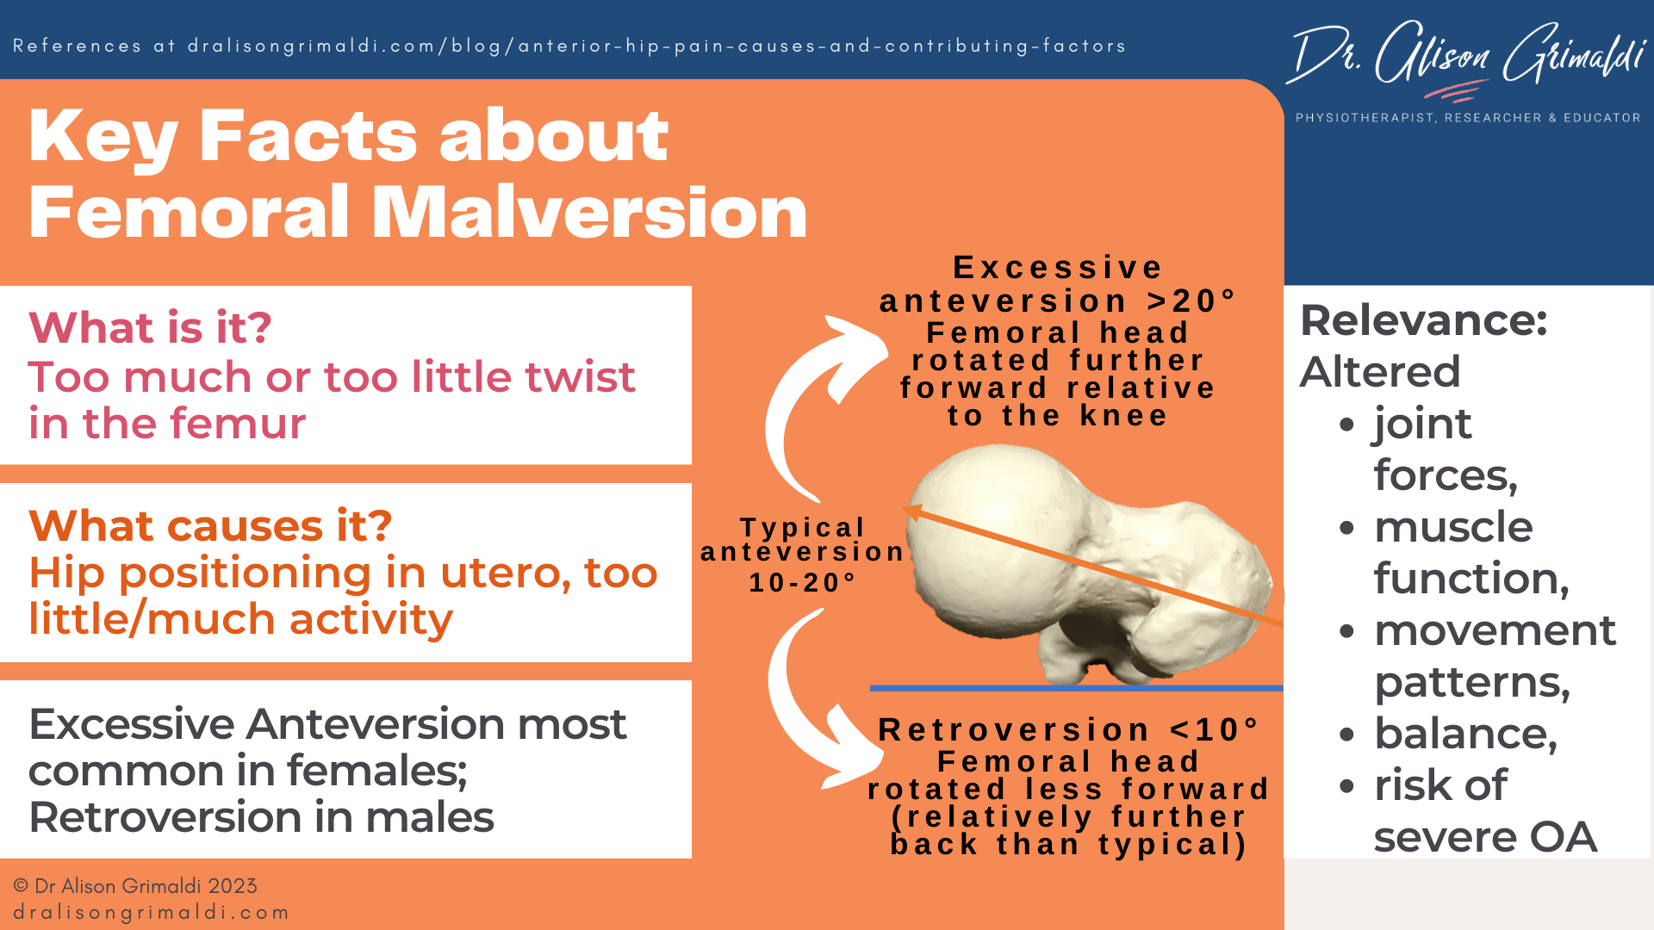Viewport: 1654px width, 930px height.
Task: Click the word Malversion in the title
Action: (589, 213)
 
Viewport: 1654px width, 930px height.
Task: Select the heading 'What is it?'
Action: (150, 328)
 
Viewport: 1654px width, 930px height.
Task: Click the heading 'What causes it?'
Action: (210, 525)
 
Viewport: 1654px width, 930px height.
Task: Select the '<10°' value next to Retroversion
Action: (1214, 730)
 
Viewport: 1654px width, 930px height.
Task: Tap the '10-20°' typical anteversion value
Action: (802, 583)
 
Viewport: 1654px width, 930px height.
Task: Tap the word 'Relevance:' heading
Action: (1423, 320)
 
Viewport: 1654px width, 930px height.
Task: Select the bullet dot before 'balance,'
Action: (1347, 735)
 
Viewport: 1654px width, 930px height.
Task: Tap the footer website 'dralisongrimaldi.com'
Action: (151, 913)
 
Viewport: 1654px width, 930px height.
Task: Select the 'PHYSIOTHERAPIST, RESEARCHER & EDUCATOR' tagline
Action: (1467, 118)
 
